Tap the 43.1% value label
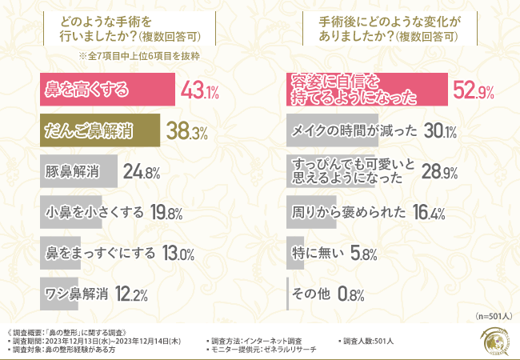click(201, 90)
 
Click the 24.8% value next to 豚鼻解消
click(142, 171)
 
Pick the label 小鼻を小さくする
click(94, 212)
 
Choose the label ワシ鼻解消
click(76, 294)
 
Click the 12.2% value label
click(130, 295)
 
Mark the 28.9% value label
click(439, 172)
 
